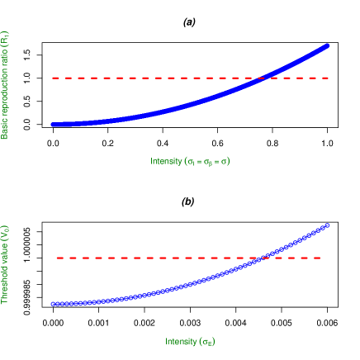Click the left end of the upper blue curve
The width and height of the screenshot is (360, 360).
pos(52,124)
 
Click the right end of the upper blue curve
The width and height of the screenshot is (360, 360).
pos(329,45)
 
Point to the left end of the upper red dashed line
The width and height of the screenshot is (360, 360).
pos(52,78)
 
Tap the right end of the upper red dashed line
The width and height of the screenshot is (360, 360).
pos(329,78)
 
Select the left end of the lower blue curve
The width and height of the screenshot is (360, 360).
pos(52,304)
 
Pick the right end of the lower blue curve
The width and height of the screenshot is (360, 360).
pos(329,224)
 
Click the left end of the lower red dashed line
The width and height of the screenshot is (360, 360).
pos(56,258)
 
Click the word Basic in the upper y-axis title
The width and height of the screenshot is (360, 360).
pos(5,128)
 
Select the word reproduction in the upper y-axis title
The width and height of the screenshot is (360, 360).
pos(5,93)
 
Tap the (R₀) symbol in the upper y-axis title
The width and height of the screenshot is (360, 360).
pos(5,38)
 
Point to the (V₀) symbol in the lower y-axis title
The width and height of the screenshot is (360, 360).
pos(5,234)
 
